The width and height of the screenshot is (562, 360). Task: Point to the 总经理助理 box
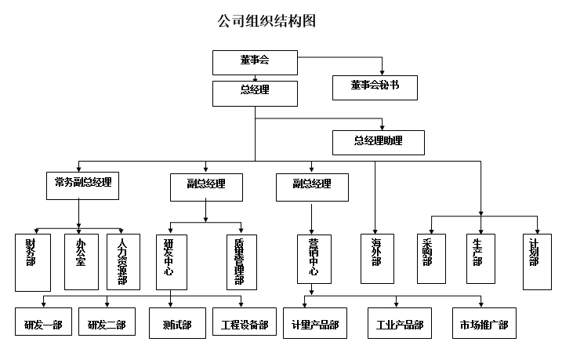tap(378, 142)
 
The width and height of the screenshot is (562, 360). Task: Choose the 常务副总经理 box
tap(82, 184)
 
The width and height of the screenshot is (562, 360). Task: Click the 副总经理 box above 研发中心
tap(206, 186)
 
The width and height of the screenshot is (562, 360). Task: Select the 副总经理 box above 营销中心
tap(312, 187)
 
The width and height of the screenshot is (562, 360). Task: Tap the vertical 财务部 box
tap(31, 258)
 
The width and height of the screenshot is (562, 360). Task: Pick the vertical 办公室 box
tap(79, 258)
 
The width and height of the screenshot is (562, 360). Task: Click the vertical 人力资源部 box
tap(121, 258)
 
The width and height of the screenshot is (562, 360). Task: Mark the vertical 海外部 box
tap(375, 258)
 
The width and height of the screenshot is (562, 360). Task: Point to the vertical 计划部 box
tap(535, 258)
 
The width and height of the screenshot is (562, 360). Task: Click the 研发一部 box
tap(42, 324)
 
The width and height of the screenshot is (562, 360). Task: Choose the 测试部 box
tap(176, 324)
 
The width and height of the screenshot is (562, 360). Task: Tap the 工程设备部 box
tap(243, 324)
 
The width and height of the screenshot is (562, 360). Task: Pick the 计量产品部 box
tap(315, 324)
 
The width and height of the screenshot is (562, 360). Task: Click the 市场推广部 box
tap(484, 324)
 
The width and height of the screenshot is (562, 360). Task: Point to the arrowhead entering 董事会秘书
tap(382, 71)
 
